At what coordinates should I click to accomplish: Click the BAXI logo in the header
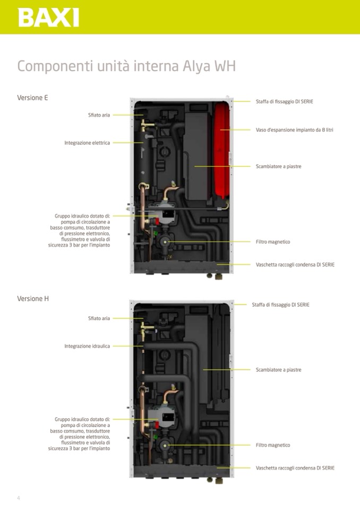point(48,17)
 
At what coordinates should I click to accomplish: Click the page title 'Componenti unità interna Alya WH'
point(126,67)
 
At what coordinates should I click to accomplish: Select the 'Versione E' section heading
point(32,98)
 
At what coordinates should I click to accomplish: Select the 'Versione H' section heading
point(33,299)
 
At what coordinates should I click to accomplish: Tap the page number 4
point(19,498)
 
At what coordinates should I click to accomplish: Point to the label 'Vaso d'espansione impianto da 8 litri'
point(294,130)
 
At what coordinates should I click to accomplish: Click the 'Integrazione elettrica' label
point(87,143)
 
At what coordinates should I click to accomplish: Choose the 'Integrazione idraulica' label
point(87,346)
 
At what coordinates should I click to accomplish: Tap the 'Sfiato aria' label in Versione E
point(99,115)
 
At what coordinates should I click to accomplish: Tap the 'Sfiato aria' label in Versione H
point(99,318)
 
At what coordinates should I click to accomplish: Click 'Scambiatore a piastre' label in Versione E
point(278,167)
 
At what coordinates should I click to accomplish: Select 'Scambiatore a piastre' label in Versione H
point(278,370)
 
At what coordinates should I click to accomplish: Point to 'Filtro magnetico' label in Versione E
point(273,242)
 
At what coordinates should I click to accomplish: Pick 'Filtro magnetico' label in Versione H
point(273,445)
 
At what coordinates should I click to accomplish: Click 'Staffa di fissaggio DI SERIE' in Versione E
point(284,101)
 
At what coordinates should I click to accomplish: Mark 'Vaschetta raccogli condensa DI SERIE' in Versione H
point(295,468)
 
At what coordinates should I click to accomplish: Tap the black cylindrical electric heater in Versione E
point(144,159)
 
